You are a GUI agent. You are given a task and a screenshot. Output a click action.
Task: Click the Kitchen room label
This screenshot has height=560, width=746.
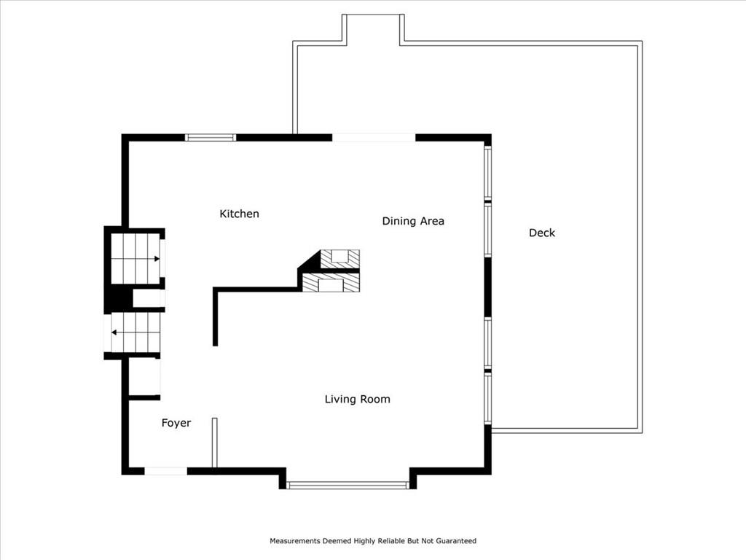(x=239, y=214)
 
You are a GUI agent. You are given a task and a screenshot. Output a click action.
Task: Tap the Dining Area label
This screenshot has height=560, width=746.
(x=413, y=221)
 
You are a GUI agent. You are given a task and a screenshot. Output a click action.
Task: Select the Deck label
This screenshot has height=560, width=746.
(x=542, y=233)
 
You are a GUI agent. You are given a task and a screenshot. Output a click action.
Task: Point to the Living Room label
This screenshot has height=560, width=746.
(x=357, y=399)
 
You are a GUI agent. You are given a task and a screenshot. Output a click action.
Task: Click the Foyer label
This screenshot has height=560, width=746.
(x=176, y=423)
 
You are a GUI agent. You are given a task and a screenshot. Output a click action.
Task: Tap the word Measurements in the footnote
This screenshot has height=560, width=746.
(x=295, y=541)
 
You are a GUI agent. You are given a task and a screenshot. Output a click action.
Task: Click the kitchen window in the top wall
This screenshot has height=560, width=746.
(x=211, y=138)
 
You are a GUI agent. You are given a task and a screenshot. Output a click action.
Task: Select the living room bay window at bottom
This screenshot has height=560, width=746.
(x=348, y=485)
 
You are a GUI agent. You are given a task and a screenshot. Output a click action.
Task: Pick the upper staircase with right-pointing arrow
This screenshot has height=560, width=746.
(x=135, y=259)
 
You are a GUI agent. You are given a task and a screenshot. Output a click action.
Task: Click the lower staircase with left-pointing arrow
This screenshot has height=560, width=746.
(x=136, y=332)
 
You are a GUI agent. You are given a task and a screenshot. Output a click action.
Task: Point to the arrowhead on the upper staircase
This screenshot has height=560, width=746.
(x=157, y=259)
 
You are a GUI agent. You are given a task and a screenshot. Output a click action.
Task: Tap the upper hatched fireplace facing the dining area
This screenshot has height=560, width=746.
(x=339, y=259)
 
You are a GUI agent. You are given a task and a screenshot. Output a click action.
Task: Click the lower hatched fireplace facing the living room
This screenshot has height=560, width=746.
(x=331, y=283)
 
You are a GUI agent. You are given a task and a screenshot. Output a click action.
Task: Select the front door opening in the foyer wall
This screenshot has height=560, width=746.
(x=165, y=471)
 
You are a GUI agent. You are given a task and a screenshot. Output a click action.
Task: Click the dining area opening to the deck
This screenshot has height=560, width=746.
(x=374, y=138)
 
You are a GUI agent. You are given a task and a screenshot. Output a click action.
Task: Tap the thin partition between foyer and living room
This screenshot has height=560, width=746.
(x=215, y=443)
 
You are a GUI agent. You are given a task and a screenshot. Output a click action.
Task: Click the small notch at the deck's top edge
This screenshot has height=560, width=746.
(x=374, y=29)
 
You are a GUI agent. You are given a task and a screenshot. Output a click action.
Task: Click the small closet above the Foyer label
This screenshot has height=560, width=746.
(x=145, y=377)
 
